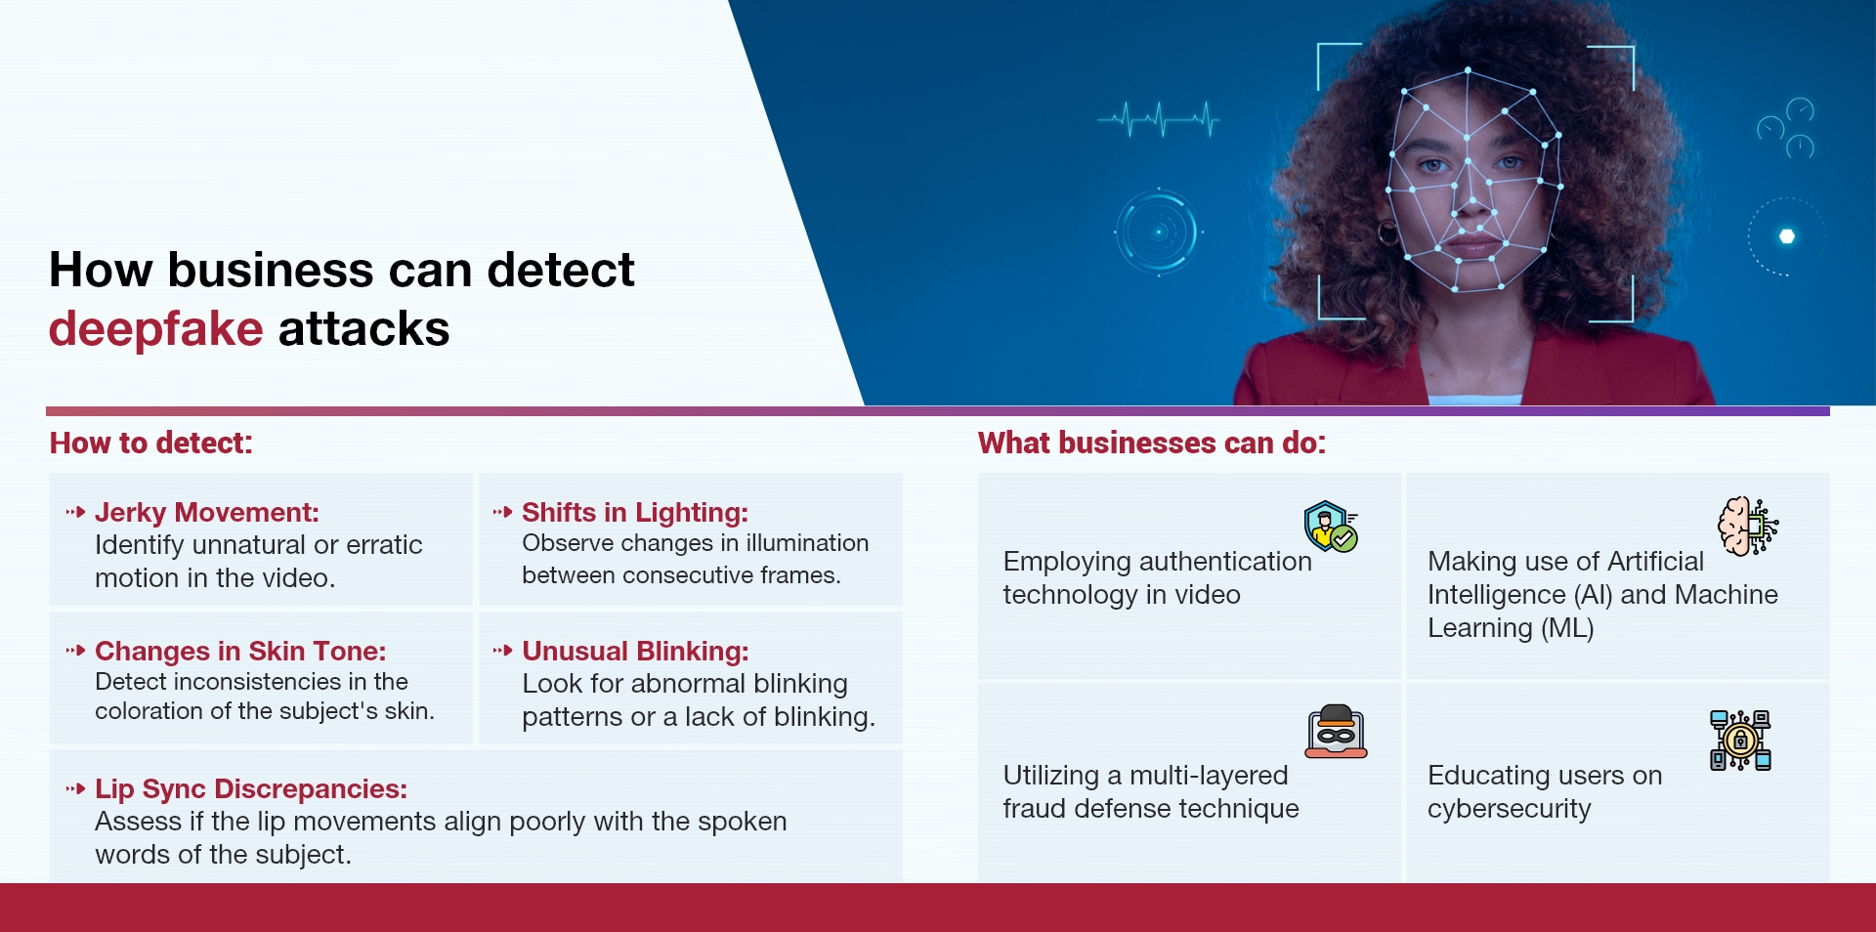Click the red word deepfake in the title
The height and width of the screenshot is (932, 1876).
pyautogui.click(x=155, y=329)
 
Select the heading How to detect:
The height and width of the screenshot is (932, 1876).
pyautogui.click(x=150, y=444)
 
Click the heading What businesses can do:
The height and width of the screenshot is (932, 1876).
pyautogui.click(x=1151, y=444)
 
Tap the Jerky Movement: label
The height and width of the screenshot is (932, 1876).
pyautogui.click(x=206, y=513)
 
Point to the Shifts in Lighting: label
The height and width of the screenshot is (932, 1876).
pyautogui.click(x=634, y=513)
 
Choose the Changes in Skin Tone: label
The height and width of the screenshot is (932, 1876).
pyautogui.click(x=239, y=652)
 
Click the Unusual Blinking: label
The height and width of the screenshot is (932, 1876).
pyautogui.click(x=634, y=652)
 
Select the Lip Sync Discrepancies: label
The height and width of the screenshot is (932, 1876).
pyautogui.click(x=250, y=789)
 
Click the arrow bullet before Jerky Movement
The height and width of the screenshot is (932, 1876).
pyautogui.click(x=75, y=512)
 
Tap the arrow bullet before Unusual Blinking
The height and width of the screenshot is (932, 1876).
pyautogui.click(x=502, y=651)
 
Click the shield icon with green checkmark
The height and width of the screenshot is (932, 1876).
pyautogui.click(x=1331, y=527)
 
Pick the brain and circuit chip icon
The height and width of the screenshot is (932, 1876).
pyautogui.click(x=1747, y=527)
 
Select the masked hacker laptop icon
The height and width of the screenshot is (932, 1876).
pyautogui.click(x=1336, y=732)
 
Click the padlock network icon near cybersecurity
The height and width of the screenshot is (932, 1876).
pyautogui.click(x=1740, y=741)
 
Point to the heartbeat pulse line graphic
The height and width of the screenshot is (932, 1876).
pyautogui.click(x=1159, y=121)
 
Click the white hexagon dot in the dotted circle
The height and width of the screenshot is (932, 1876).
pyautogui.click(x=1787, y=236)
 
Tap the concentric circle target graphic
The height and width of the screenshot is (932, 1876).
pyautogui.click(x=1158, y=233)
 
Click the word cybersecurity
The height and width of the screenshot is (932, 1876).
pyautogui.click(x=1509, y=809)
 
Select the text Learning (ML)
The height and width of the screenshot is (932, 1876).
pyautogui.click(x=1510, y=628)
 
